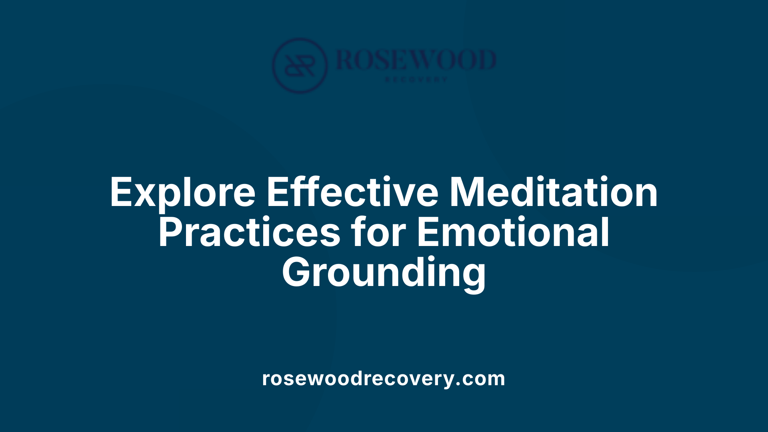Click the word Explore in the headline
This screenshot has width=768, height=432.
(182, 193)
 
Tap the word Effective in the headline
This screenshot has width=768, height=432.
(352, 193)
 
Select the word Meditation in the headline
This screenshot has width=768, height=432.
(554, 193)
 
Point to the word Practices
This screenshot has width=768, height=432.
(249, 233)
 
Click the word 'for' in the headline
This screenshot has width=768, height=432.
(378, 233)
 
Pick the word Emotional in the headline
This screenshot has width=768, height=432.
(513, 233)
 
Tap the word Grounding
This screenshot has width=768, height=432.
(384, 273)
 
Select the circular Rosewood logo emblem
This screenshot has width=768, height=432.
(300, 66)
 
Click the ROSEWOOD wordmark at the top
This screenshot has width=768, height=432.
(416, 60)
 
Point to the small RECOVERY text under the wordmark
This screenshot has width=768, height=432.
(416, 80)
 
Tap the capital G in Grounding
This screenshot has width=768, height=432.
(298, 273)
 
